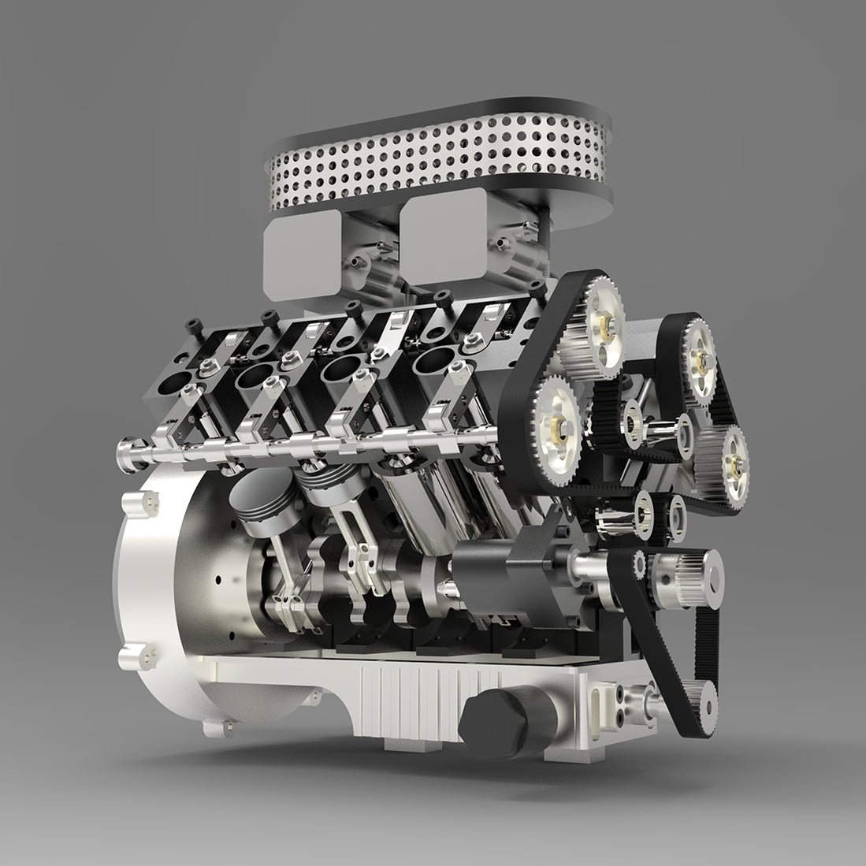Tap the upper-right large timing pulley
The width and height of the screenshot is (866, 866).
(x=698, y=354)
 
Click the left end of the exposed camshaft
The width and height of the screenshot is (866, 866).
(x=126, y=454)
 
